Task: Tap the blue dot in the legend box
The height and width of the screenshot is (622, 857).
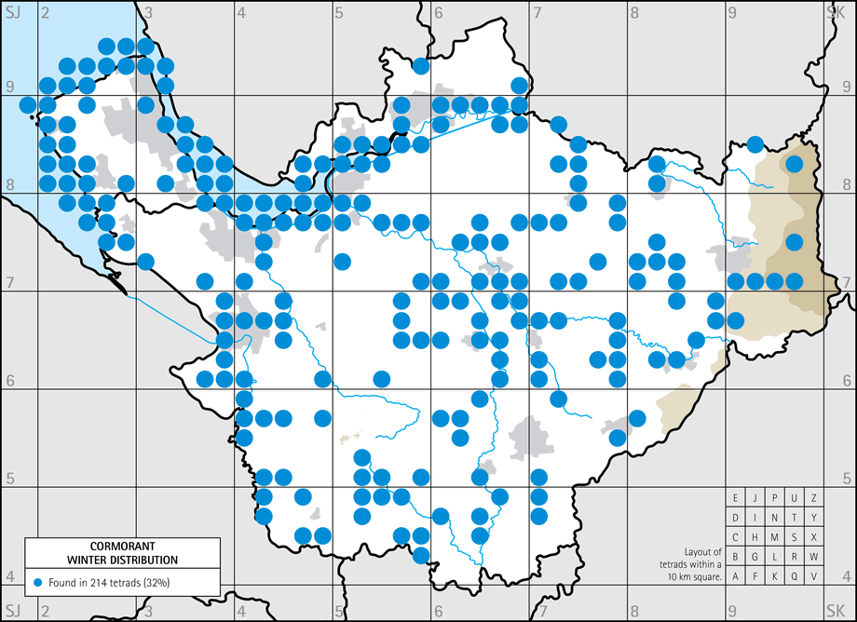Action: pyautogui.click(x=38, y=582)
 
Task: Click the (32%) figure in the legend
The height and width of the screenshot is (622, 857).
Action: pyautogui.click(x=177, y=582)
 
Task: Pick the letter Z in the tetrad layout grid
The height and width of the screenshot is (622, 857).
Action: pyautogui.click(x=814, y=498)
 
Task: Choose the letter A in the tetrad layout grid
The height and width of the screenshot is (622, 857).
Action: pyautogui.click(x=736, y=576)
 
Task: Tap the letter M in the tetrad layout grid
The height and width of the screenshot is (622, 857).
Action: pyautogui.click(x=775, y=537)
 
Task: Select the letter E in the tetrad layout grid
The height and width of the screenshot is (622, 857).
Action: pyautogui.click(x=736, y=498)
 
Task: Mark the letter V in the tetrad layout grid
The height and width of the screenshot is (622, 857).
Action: pyautogui.click(x=814, y=576)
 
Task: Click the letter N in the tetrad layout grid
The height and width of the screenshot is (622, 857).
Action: pyautogui.click(x=775, y=518)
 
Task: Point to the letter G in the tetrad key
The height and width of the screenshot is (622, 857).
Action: pyautogui.click(x=755, y=557)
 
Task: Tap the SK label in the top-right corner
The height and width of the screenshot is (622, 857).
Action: pyautogui.click(x=836, y=12)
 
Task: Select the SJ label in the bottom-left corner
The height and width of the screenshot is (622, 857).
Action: pyautogui.click(x=12, y=610)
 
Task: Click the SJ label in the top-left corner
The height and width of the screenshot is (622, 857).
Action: pyautogui.click(x=12, y=12)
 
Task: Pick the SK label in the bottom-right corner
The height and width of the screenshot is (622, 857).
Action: pyautogui.click(x=836, y=610)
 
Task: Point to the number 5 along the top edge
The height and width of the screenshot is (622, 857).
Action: pyautogui.click(x=340, y=12)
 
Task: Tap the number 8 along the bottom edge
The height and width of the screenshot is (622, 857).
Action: pyautogui.click(x=634, y=611)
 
